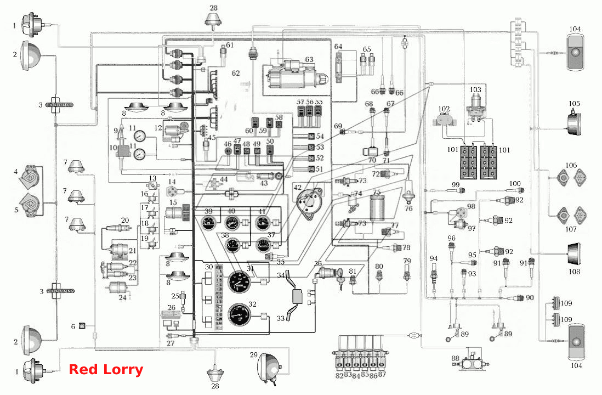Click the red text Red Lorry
(x=106, y=370)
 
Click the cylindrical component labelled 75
(x=377, y=208)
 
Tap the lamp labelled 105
(x=573, y=123)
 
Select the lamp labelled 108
(x=573, y=255)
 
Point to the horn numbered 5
(x=30, y=206)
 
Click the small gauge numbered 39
(x=209, y=222)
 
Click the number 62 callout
(x=235, y=73)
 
